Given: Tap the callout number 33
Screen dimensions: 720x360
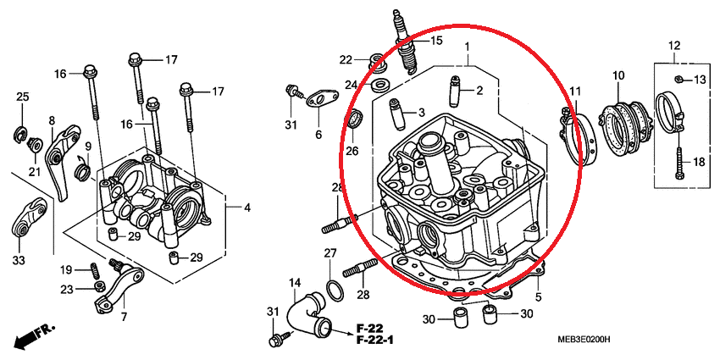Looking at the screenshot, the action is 18,260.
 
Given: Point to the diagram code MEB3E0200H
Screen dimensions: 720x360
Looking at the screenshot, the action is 583,340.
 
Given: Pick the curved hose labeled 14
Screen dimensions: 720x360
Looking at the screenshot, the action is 307,316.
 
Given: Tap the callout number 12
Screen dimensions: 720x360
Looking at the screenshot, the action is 674,46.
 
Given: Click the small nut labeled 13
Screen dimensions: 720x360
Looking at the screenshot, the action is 678,80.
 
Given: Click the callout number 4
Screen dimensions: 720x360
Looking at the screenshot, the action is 247,208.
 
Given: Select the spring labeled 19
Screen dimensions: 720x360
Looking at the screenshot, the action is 94,269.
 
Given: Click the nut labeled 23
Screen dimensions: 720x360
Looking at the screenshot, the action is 97,287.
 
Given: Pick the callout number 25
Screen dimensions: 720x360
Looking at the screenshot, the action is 23,97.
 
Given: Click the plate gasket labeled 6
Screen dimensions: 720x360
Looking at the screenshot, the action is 323,99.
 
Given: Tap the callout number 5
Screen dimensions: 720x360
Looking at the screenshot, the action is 538,297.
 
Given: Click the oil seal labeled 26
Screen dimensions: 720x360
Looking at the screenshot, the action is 356,119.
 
